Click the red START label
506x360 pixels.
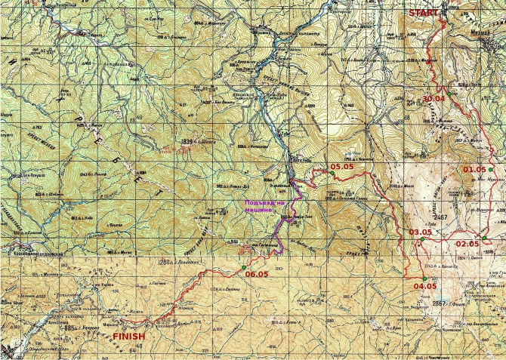[x=423, y=13]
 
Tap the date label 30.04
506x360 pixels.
[x=433, y=99]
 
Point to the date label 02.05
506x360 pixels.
[x=467, y=244]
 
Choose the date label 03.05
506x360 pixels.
[x=421, y=232]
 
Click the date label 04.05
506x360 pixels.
[x=425, y=286]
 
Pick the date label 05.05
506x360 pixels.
[x=341, y=166]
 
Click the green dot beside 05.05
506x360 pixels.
[x=331, y=174]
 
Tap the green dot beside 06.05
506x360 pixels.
[x=243, y=268]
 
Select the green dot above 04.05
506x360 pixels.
[x=424, y=279]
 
